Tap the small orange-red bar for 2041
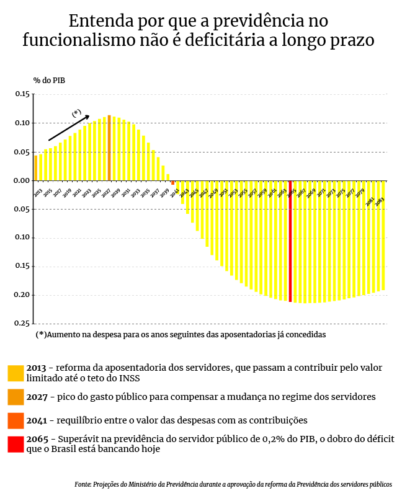173,183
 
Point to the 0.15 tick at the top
22,94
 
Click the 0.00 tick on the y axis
22,180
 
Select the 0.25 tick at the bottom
22,323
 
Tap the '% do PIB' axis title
49,80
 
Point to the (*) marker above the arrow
76,113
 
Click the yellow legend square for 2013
16,373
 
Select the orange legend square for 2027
16,397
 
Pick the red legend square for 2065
16,444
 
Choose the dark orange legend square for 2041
16,420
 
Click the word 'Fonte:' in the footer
83,484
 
